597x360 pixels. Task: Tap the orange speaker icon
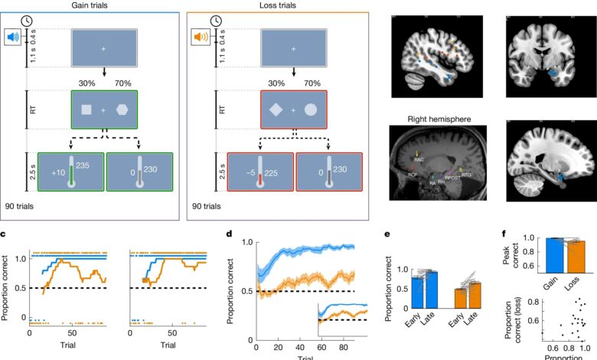198,36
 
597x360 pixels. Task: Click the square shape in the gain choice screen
86,110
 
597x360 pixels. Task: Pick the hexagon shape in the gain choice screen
122,110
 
